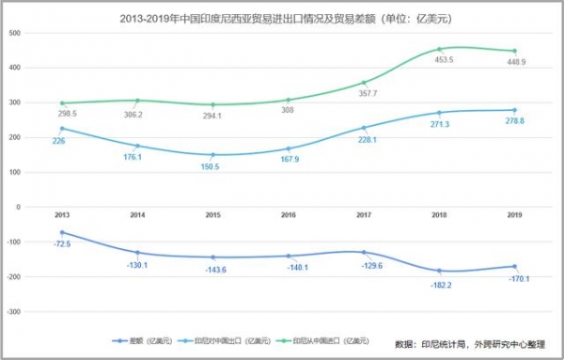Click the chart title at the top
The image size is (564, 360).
(281, 16)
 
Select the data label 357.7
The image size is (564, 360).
(364, 93)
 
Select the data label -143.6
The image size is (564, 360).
(216, 270)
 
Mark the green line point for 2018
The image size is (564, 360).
(438, 49)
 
